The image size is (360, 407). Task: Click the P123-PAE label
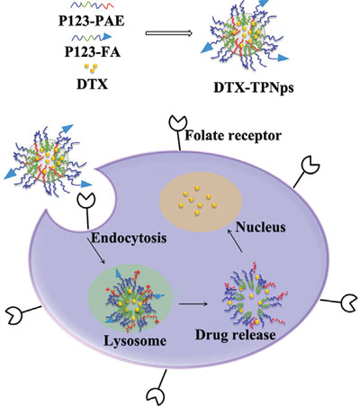point(91,22)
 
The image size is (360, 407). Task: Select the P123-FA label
point(93,51)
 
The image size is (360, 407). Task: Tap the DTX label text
point(92,85)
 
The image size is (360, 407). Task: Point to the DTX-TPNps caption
point(254,87)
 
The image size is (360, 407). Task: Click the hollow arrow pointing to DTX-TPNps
point(169,32)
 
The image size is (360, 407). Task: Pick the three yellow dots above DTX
point(91,68)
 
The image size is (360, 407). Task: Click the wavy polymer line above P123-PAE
point(92,5)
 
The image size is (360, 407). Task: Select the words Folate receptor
point(233,135)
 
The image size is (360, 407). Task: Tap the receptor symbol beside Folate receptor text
point(178,133)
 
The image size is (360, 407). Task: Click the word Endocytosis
point(129,238)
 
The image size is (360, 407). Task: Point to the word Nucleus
point(261,227)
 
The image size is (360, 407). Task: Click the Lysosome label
point(135,341)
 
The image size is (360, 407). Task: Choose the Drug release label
point(236,335)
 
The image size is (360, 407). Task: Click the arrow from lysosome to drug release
point(193,304)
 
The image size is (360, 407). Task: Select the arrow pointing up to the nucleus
point(235,240)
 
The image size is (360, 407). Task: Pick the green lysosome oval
point(130,299)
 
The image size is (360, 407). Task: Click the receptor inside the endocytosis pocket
point(86,212)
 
